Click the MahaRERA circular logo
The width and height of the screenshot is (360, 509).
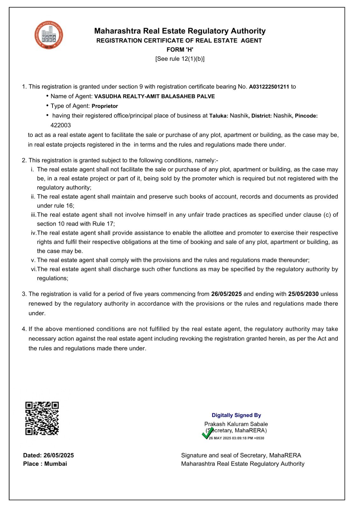click(49, 35)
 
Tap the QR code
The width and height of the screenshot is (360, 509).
click(42, 418)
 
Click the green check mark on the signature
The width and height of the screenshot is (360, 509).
click(208, 433)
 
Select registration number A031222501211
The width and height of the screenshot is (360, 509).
click(269, 87)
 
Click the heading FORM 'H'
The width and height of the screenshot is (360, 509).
click(180, 50)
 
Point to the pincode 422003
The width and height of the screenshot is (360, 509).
click(60, 125)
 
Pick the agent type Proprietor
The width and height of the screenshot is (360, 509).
click(105, 106)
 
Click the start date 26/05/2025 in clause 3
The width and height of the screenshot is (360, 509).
click(226, 294)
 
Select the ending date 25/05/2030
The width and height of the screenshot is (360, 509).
click(303, 294)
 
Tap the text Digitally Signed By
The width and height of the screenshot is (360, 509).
click(236, 415)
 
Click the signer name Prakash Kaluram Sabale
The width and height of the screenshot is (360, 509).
click(236, 424)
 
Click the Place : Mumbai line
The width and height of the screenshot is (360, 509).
click(45, 464)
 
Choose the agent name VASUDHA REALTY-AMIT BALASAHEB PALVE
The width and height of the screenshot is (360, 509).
click(154, 96)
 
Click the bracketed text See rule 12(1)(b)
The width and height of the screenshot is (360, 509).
click(180, 59)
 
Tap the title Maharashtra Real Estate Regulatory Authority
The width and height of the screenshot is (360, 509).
click(180, 31)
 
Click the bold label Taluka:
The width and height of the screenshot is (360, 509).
click(219, 116)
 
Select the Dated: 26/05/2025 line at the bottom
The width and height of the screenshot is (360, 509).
click(48, 455)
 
